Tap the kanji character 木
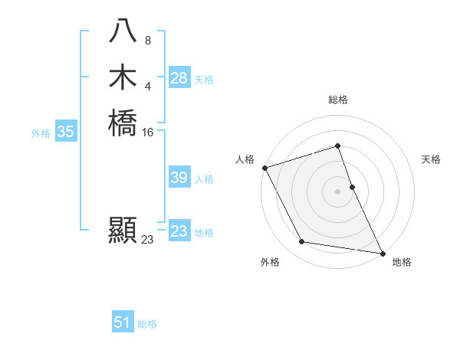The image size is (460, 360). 123,77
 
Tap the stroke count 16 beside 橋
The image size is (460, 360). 148,133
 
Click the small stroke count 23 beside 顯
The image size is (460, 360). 148,240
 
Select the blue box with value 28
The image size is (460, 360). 179,78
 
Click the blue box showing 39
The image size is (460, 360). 179,178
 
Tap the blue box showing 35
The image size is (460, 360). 66,132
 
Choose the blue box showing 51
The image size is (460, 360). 123,322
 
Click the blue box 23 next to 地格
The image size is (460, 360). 179,231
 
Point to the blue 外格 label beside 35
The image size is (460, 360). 41,133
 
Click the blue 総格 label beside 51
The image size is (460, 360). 147,324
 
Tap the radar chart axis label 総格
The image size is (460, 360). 338,100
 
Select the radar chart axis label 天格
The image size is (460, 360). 432,159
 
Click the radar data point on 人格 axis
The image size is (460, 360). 264,168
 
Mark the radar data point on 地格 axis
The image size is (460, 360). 382,252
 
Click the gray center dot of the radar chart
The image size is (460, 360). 338,191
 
